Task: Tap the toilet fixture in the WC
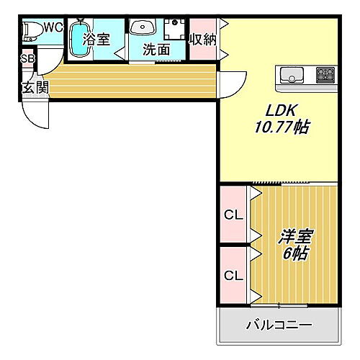click(x=30, y=31)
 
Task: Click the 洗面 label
click(x=156, y=50)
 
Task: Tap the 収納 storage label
click(x=202, y=40)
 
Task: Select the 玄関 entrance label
click(x=34, y=88)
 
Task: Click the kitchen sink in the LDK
click(x=292, y=73)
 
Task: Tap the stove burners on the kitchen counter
click(x=325, y=73)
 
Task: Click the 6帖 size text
click(x=294, y=253)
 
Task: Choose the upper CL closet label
click(x=232, y=215)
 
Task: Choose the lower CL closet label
click(x=232, y=275)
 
